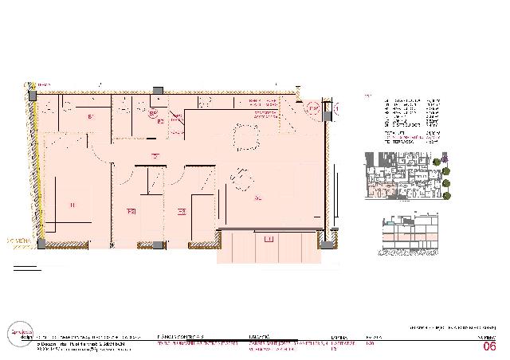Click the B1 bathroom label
point(92,117)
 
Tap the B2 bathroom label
point(160,121)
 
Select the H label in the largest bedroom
point(73,206)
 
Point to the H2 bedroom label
point(131,211)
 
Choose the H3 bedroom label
point(182,211)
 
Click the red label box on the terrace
point(269,239)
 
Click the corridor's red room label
point(156,155)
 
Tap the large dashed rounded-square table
point(245,138)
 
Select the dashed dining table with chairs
point(240,179)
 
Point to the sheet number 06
point(489,347)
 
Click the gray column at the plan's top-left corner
point(32,95)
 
